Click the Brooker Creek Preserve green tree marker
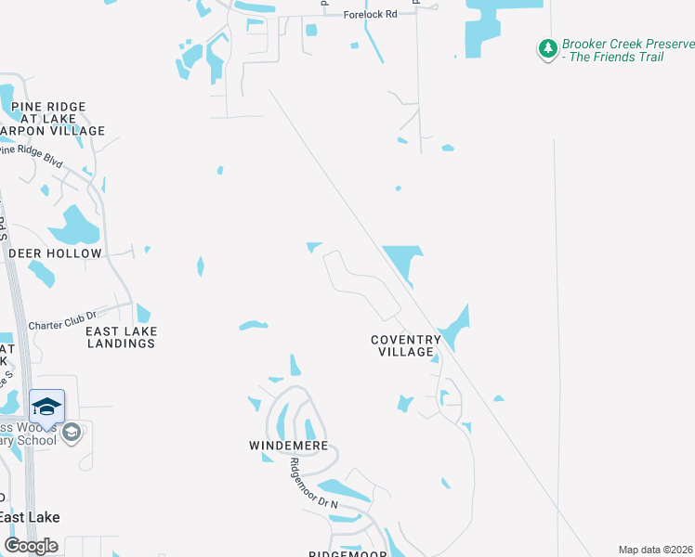[548, 48]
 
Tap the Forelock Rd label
[370, 15]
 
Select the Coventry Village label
[406, 345]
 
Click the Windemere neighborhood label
[289, 447]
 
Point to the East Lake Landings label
[121, 337]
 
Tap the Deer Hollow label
[55, 253]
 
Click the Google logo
[31, 545]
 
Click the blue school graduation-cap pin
[46, 407]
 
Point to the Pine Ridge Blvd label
[33, 155]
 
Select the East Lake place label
[30, 517]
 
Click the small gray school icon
[72, 433]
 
